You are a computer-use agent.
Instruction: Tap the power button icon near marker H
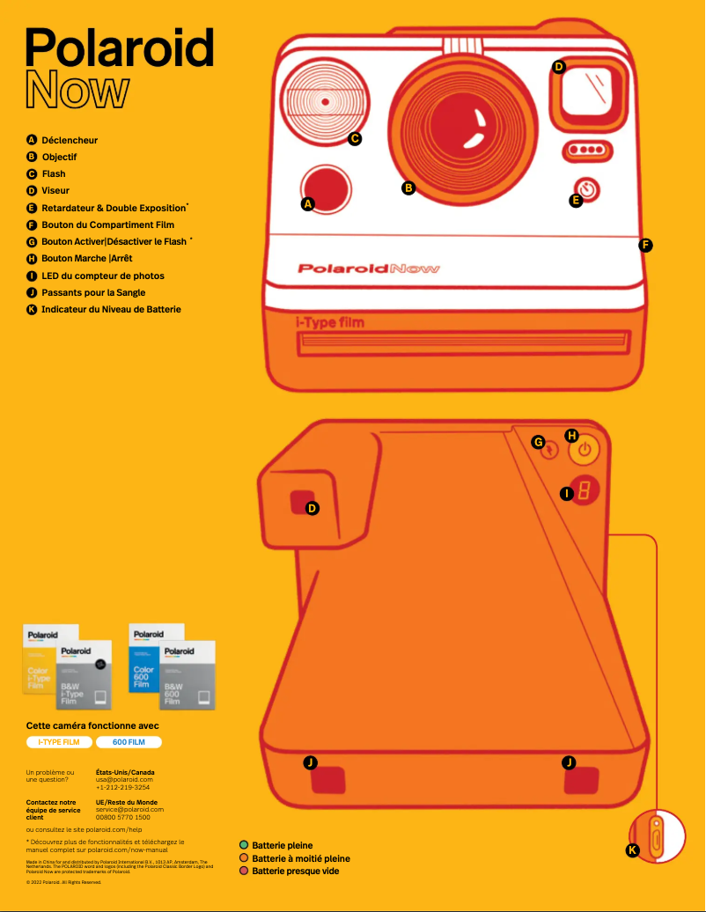pyautogui.click(x=587, y=451)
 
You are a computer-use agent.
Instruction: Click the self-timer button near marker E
pyautogui.click(x=589, y=189)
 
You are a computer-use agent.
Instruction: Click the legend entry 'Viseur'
pyautogui.click(x=55, y=190)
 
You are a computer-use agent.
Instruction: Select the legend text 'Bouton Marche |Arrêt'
pyautogui.click(x=86, y=259)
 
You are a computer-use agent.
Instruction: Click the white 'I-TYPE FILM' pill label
pyautogui.click(x=59, y=742)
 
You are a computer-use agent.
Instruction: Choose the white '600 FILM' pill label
pyautogui.click(x=129, y=742)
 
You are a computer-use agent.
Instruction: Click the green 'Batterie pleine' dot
pyautogui.click(x=244, y=845)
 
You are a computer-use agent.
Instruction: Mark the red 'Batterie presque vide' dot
pyautogui.click(x=244, y=871)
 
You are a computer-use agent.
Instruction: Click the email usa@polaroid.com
pyautogui.click(x=124, y=779)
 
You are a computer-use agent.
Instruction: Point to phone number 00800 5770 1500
pyautogui.click(x=122, y=817)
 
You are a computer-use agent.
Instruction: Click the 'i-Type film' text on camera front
pyautogui.click(x=329, y=322)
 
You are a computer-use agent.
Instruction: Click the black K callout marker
pyautogui.click(x=632, y=850)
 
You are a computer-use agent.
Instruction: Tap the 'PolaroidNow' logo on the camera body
pyautogui.click(x=368, y=268)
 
